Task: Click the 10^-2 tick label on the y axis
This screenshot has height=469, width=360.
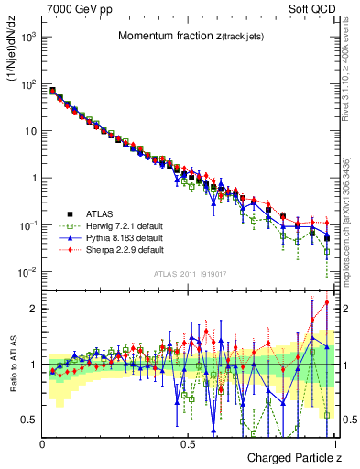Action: pos(28,272)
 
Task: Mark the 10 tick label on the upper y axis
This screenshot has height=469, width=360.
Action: pos(31,131)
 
